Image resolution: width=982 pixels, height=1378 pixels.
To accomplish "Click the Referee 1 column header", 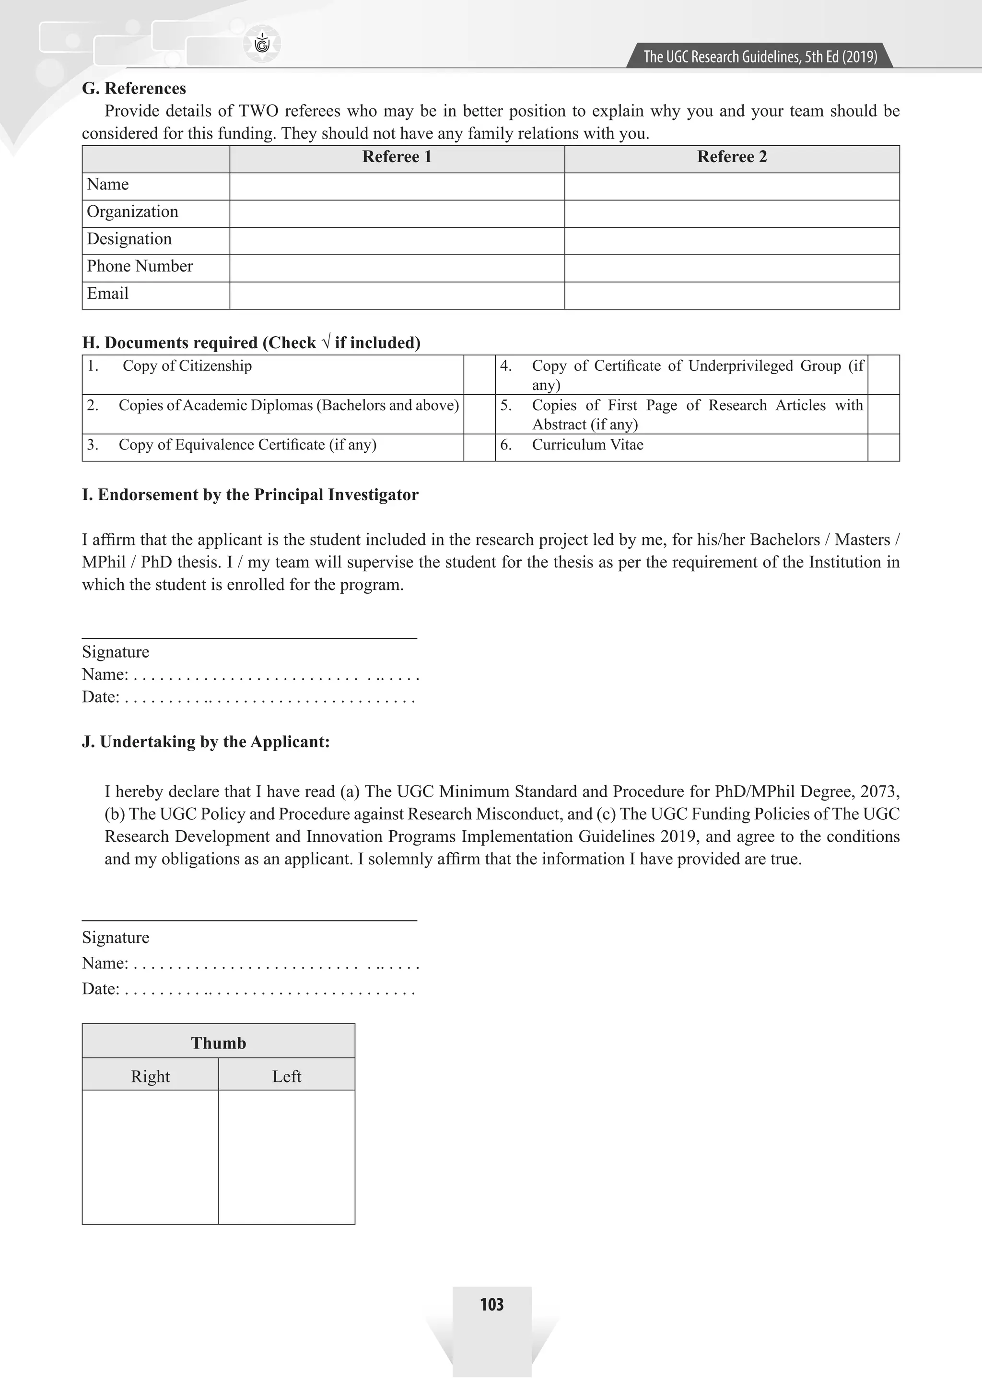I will click(397, 157).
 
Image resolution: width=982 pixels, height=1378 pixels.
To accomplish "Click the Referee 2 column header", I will click(732, 157).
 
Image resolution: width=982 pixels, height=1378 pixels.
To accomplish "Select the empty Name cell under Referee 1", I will click(397, 186).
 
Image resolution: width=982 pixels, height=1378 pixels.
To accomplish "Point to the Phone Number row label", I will click(140, 266).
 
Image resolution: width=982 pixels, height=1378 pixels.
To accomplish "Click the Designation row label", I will click(129, 239).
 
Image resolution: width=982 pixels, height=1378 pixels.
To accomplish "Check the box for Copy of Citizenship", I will click(479, 375).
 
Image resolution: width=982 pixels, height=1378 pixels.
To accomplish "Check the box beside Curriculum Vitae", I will click(883, 447).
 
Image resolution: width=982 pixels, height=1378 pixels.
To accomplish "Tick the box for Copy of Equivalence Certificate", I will click(479, 447).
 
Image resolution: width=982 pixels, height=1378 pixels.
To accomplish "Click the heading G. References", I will click(134, 88).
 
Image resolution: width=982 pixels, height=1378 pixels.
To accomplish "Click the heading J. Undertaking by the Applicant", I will click(206, 742).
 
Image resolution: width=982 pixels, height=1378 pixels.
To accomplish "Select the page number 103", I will click(491, 1304).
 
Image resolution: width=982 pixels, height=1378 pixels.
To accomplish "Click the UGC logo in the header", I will click(262, 44).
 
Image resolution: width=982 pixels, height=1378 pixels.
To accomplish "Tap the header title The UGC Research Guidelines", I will click(760, 57).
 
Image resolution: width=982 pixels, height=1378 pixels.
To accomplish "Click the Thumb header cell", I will click(218, 1043).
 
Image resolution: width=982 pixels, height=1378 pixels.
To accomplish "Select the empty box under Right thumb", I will click(150, 1156).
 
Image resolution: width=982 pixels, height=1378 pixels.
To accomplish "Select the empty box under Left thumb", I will click(287, 1156).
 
